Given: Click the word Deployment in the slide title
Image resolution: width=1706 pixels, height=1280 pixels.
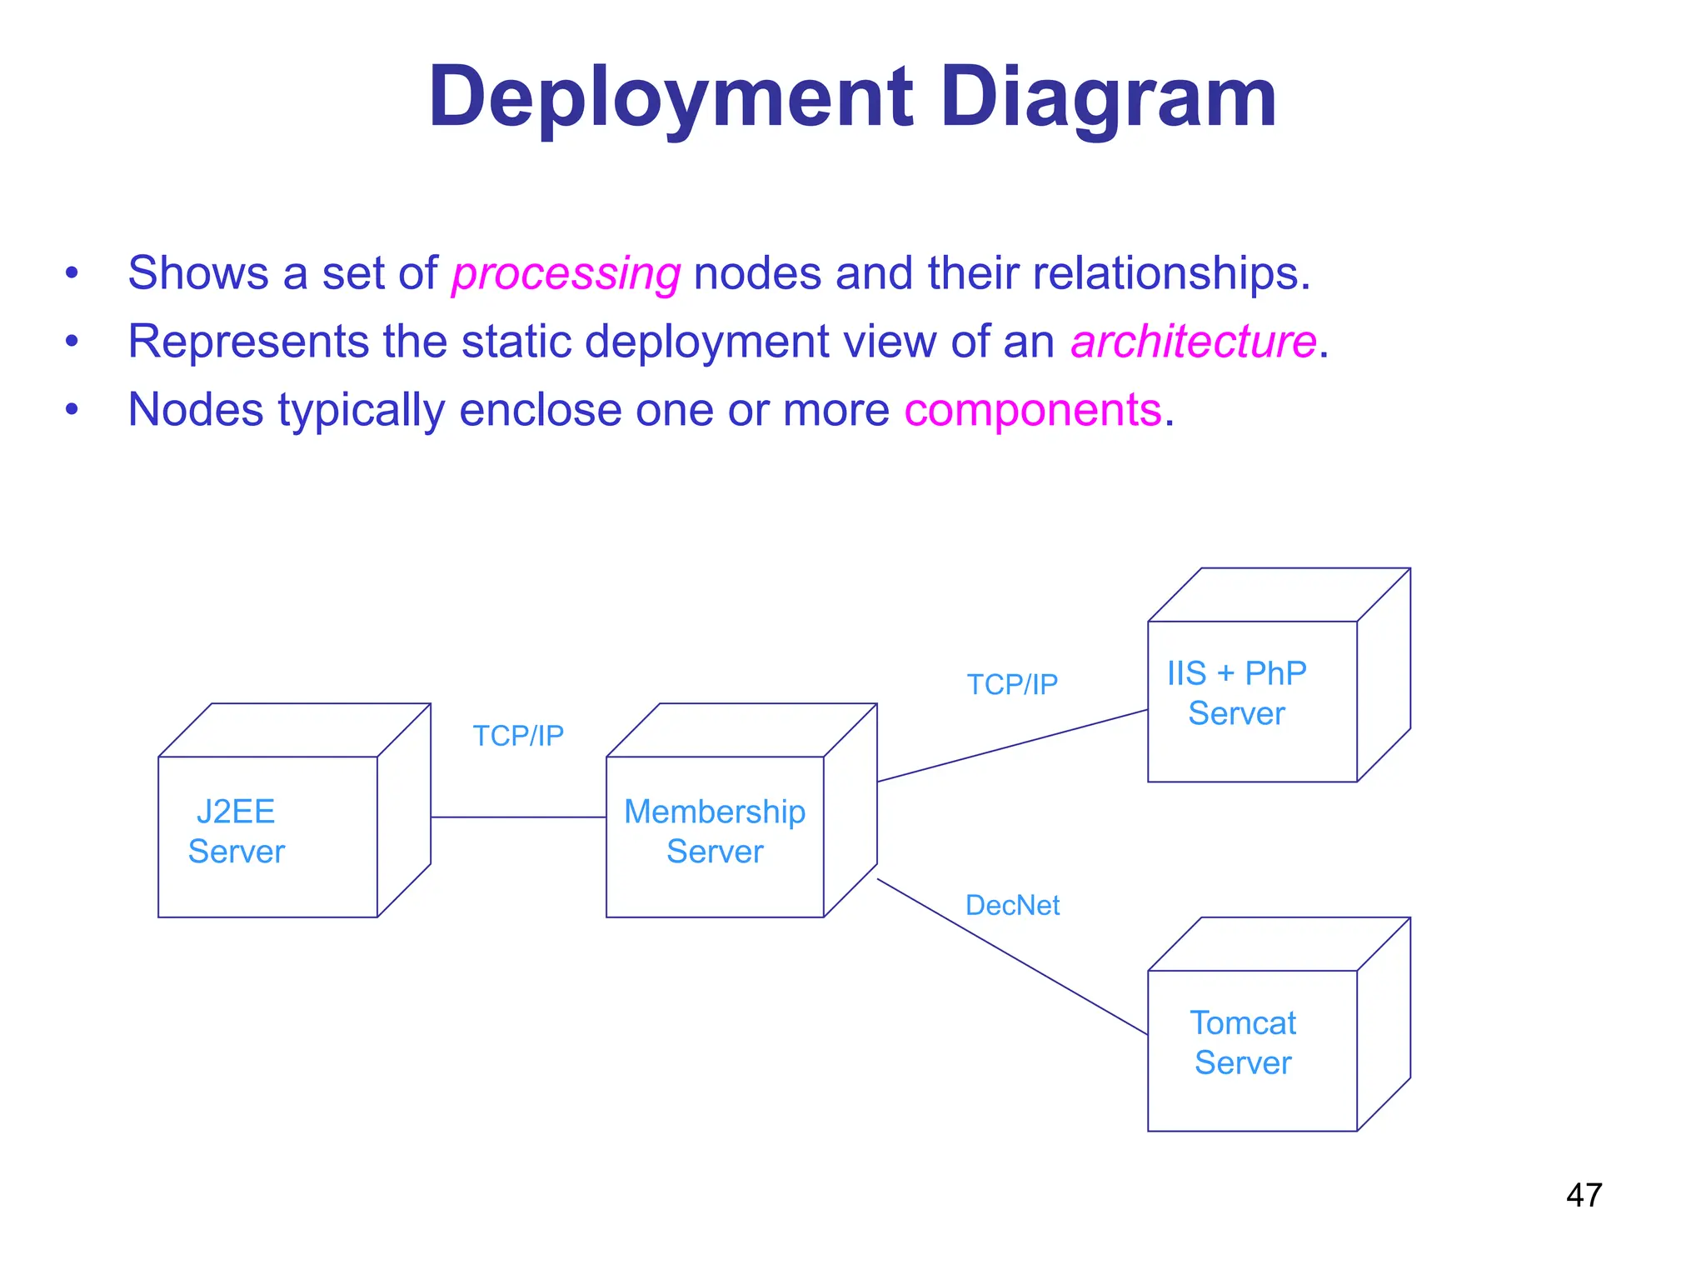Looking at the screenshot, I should (x=671, y=98).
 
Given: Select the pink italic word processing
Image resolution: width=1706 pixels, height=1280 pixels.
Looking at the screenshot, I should (x=566, y=274).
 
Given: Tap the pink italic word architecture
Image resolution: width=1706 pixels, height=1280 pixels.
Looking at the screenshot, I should (x=1193, y=342).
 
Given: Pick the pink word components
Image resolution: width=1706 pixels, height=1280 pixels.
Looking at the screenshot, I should (x=1032, y=410).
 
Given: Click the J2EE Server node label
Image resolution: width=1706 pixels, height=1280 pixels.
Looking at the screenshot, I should (x=236, y=832).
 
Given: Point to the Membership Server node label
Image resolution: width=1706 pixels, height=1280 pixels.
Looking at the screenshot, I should (x=715, y=832).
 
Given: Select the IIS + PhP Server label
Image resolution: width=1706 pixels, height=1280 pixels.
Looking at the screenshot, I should (x=1236, y=693).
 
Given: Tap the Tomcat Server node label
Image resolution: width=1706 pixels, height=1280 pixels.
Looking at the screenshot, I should (x=1242, y=1042).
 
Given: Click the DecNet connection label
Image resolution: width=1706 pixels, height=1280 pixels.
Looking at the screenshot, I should (x=1012, y=905).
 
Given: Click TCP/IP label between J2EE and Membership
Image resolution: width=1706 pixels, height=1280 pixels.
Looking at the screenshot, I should (x=518, y=736).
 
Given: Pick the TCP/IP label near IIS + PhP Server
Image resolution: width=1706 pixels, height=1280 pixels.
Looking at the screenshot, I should (x=1012, y=684).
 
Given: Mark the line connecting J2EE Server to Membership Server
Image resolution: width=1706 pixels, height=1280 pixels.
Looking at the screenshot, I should (x=518, y=817).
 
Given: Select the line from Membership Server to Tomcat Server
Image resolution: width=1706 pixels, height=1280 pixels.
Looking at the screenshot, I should (x=1012, y=957).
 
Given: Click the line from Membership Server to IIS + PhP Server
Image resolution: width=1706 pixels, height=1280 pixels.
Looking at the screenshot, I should (x=1012, y=746).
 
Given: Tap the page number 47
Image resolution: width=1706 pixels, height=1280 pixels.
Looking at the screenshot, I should (x=1584, y=1195).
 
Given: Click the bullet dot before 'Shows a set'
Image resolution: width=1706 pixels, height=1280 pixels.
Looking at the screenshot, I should (x=72, y=272).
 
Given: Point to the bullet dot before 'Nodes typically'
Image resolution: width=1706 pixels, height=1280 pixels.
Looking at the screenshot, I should (x=72, y=409).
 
